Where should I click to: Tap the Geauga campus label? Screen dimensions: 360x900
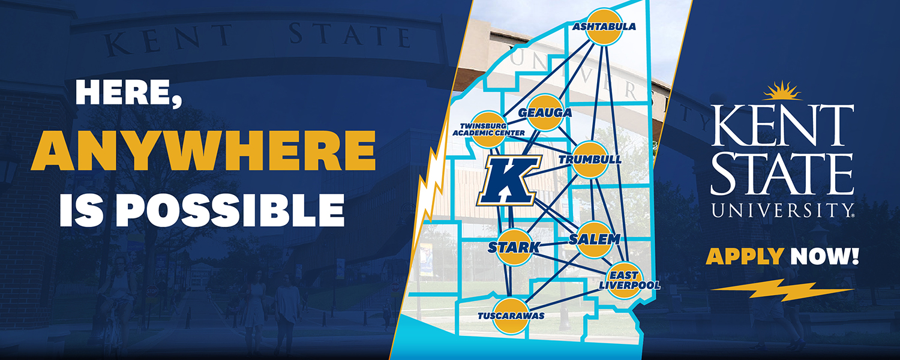[x=544, y=113]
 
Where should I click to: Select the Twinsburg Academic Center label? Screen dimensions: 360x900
[x=492, y=129]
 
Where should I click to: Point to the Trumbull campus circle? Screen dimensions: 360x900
[x=588, y=160]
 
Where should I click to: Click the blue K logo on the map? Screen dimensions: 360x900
[x=509, y=180]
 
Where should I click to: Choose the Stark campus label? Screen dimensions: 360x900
[x=514, y=247]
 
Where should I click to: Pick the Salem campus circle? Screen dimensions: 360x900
[x=593, y=239]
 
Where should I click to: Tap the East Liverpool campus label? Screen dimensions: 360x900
[x=629, y=280]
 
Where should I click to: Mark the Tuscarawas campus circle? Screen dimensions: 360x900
[x=511, y=316]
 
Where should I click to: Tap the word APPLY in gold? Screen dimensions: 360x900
[x=745, y=257]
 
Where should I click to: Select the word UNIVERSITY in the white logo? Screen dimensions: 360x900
[x=782, y=209]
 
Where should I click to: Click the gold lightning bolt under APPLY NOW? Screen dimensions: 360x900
[x=782, y=291]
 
